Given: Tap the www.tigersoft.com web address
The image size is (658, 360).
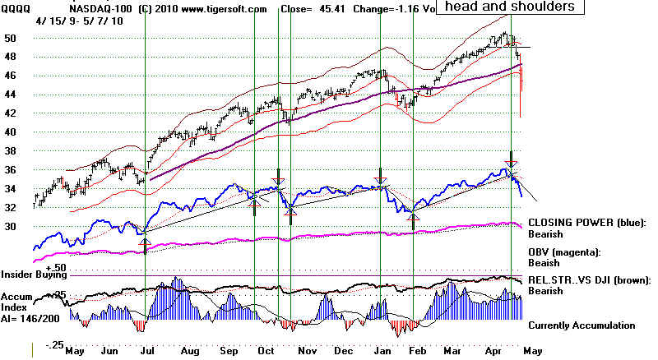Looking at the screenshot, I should point(224,8).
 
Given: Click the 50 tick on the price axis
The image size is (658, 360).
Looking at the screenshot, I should point(10,39).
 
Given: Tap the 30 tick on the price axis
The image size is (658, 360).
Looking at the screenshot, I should point(10,227).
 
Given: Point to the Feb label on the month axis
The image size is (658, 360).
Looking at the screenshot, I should point(419,351).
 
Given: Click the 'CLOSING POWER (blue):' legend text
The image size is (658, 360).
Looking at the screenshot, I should point(586,222).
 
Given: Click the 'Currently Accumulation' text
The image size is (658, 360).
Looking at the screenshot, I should point(582,325).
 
